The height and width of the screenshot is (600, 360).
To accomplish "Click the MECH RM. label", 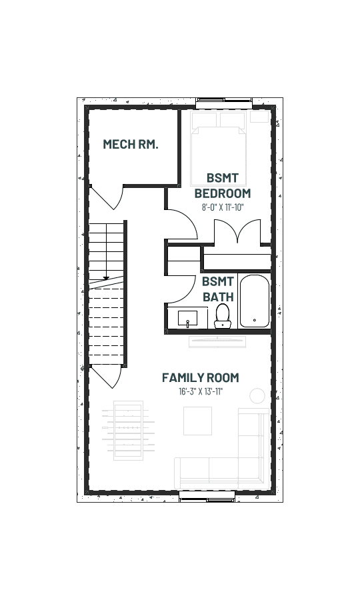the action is [131, 144].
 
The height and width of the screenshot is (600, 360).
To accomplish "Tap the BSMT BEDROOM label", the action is [222, 185].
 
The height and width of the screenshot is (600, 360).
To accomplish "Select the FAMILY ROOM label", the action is [201, 378].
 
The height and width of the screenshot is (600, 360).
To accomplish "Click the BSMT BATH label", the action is [218, 289].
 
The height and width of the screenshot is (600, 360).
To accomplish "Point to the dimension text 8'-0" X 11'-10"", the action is [223, 207].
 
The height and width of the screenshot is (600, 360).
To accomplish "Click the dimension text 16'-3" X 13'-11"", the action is [201, 391].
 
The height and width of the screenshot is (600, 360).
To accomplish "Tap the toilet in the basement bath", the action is [223, 316].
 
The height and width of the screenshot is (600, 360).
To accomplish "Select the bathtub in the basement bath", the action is [255, 301].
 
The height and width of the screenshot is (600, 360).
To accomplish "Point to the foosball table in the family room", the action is [128, 430].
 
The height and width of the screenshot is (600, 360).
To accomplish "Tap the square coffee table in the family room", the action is [197, 421].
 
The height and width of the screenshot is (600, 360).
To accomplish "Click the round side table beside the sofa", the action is [257, 395].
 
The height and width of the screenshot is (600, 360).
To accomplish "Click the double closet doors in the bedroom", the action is [237, 231].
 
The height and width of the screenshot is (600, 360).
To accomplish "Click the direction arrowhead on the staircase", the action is [106, 278].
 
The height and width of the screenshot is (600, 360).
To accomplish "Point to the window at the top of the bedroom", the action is [224, 103].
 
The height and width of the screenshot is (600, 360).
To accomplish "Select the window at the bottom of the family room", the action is [207, 496].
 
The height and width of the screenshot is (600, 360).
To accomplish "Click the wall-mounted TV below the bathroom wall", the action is [217, 342].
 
